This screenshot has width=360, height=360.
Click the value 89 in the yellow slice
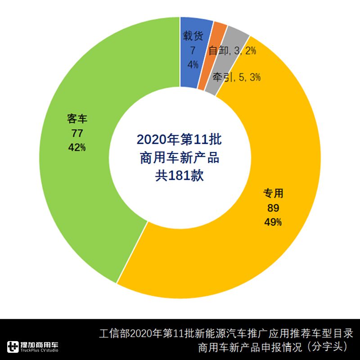click(273, 207)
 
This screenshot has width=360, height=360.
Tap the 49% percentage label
click(273, 221)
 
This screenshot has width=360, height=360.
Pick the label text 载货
click(193, 37)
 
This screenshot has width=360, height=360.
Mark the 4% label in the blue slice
click(193, 65)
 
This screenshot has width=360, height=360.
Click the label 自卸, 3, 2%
click(232, 51)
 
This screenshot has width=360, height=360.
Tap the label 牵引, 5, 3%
click(237, 77)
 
